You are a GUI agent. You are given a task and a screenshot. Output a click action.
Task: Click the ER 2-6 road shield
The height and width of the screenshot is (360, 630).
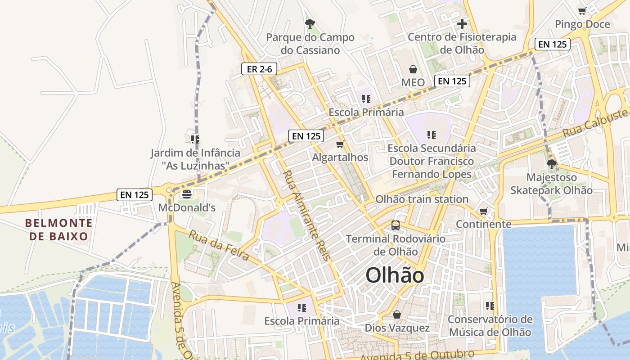(x=259, y=69)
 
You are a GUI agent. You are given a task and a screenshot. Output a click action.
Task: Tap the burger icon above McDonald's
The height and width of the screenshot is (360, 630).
(x=187, y=194)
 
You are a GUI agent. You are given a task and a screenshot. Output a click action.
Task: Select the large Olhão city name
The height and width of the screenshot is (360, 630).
(x=395, y=275)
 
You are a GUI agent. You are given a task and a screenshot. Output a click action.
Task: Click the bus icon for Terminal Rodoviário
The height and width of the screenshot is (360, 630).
(x=396, y=225)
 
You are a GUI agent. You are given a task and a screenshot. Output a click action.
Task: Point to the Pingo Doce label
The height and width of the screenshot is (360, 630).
(x=582, y=24)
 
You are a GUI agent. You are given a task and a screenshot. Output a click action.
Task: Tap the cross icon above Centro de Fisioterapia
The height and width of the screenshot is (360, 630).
(x=462, y=24)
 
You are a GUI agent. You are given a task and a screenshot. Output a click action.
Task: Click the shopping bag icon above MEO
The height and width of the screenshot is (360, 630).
(x=413, y=69)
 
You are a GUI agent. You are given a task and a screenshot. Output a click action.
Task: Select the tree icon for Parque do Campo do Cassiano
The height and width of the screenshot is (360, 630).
(x=310, y=24)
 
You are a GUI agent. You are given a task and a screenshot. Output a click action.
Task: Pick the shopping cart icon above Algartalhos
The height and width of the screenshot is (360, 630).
(x=340, y=144)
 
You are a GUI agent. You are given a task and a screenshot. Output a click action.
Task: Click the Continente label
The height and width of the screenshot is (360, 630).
(x=484, y=224)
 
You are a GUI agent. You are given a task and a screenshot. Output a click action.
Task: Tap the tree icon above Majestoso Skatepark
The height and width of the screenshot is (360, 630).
(x=552, y=164)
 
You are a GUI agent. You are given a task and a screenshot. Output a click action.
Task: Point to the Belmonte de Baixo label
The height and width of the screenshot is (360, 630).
(x=59, y=229)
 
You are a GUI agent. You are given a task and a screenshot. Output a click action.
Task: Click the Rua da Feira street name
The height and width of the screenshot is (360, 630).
(x=219, y=245)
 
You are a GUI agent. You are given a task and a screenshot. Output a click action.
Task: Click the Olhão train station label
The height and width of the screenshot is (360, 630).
(x=422, y=199)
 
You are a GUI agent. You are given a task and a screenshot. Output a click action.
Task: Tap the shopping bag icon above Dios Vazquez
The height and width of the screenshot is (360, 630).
(x=397, y=314)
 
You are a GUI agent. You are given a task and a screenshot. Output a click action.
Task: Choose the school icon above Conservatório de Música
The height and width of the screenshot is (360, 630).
(x=490, y=306)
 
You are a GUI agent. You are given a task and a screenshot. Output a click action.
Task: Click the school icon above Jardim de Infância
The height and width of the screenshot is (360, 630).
(x=195, y=139)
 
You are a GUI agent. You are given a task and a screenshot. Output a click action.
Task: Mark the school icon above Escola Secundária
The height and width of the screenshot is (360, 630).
(x=432, y=135)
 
